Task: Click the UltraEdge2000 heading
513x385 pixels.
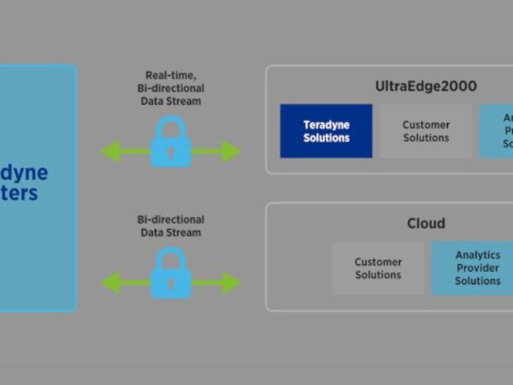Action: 426,86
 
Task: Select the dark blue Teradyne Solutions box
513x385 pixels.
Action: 326,131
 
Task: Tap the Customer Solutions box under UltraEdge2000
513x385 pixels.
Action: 426,131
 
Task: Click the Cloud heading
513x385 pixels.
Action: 426,223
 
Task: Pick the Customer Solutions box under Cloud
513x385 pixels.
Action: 378,268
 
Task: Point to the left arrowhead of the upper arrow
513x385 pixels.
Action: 110,151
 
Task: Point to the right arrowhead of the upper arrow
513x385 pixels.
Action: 231,151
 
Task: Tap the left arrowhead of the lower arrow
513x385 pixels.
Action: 110,282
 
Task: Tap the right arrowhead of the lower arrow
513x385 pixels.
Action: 231,282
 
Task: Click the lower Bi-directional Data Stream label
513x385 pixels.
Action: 171,226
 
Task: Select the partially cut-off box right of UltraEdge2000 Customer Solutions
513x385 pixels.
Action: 497,131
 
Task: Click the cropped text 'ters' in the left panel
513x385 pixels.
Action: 19,193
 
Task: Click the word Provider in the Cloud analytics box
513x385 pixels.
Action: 478,268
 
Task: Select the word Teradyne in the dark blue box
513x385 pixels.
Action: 326,124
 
